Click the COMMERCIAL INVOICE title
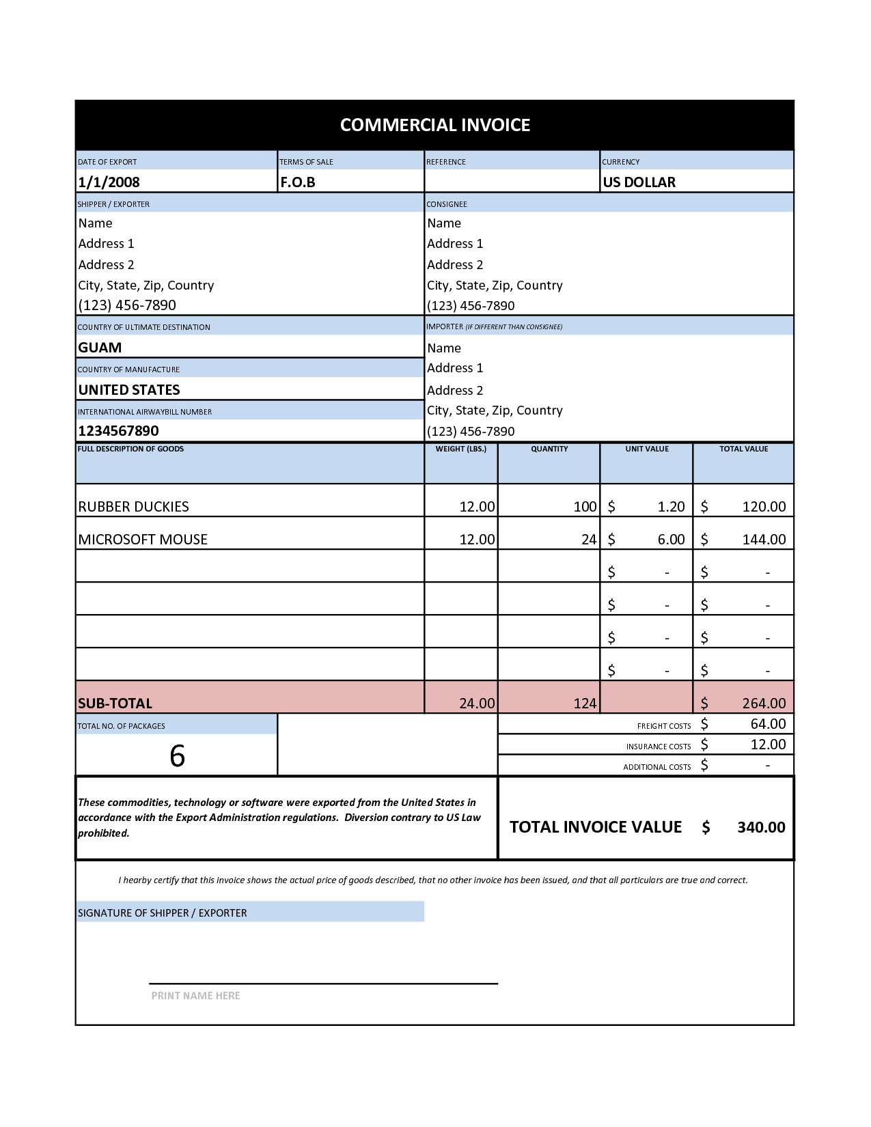point(435,125)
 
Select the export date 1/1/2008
point(109,182)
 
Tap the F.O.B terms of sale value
point(298,182)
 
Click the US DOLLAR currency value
point(639,182)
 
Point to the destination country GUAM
point(100,348)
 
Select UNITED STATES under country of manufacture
point(129,390)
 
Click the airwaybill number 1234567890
point(118,431)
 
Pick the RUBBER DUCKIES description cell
point(134,507)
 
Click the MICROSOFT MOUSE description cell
point(143,540)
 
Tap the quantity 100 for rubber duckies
point(585,507)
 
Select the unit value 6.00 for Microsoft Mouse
point(671,540)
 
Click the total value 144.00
point(764,540)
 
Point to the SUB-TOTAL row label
point(115,704)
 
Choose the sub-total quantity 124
point(585,704)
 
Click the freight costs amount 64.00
point(768,724)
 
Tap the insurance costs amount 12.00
point(768,745)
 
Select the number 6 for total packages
point(177,756)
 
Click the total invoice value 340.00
point(761,827)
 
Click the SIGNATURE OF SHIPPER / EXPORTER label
point(163,913)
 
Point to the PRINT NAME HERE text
point(195,996)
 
